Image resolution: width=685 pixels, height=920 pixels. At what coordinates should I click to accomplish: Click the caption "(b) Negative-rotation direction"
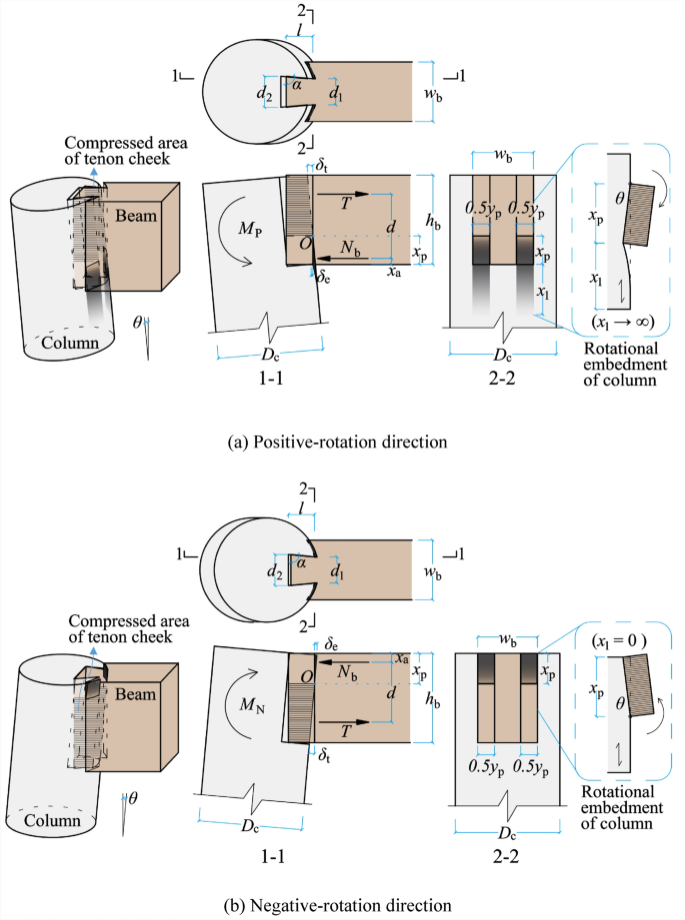[342, 904]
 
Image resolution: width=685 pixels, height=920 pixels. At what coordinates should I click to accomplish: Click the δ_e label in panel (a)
[322, 279]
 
